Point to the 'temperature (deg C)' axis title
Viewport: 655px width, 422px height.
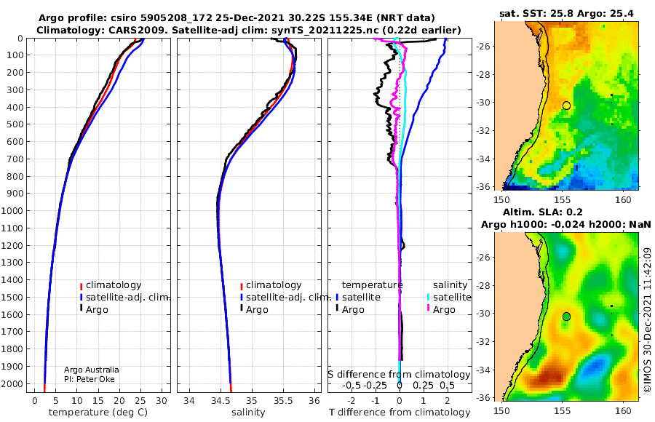[98, 412]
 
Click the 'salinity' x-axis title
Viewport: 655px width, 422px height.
[248, 412]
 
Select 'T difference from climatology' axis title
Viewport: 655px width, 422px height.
[400, 412]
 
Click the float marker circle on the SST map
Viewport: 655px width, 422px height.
[566, 105]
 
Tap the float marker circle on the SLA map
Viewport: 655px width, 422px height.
[566, 316]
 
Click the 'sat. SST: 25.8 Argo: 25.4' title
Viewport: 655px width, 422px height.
[566, 13]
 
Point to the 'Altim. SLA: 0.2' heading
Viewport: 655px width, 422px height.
[543, 212]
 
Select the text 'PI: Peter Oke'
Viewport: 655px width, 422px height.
[89, 379]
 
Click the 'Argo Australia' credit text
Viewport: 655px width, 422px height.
[92, 370]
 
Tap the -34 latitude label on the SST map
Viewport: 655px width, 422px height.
[483, 159]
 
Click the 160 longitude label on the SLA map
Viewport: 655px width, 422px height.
[623, 410]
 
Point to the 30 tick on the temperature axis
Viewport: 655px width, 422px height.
[162, 400]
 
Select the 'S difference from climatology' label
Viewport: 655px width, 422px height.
[400, 374]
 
